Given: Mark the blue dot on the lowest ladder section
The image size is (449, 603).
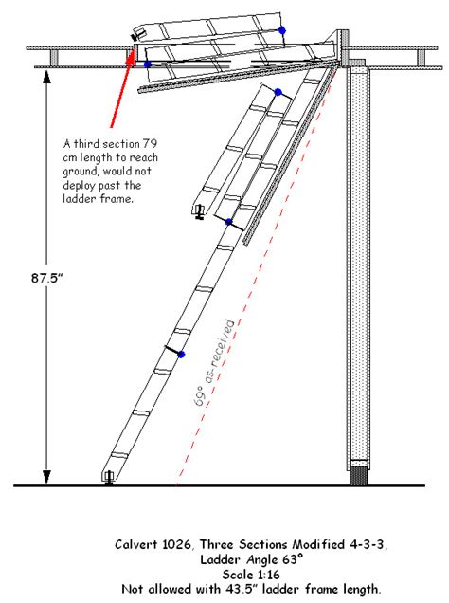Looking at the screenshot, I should [181, 355].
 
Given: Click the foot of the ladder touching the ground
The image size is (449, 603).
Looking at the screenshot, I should [109, 478].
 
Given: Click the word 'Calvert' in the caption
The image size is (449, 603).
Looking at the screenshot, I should [144, 545].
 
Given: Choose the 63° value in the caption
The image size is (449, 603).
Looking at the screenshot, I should [287, 559].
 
